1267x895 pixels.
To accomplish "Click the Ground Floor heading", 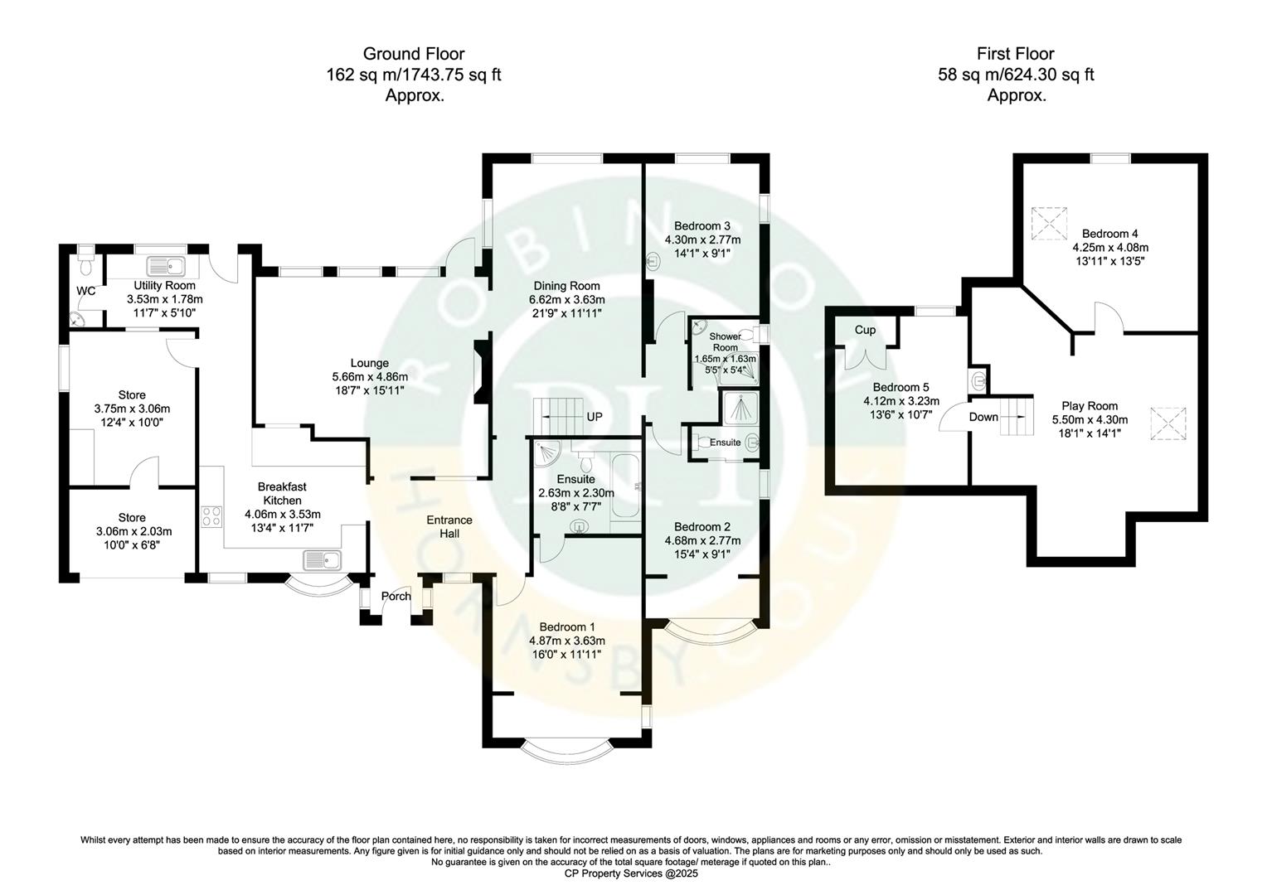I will pyautogui.click(x=413, y=54).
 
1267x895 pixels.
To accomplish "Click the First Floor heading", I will pyautogui.click(x=1016, y=54).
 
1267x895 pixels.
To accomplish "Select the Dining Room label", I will pyautogui.click(x=566, y=286).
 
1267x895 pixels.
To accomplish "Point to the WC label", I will pyautogui.click(x=86, y=291).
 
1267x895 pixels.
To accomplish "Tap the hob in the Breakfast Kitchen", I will pyautogui.click(x=211, y=516).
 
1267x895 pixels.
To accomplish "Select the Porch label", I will pyautogui.click(x=396, y=596).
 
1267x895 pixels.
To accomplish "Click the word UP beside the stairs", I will pyautogui.click(x=594, y=417).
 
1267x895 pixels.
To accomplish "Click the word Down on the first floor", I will pyautogui.click(x=983, y=417).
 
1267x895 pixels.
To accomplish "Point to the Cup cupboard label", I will pyautogui.click(x=865, y=330).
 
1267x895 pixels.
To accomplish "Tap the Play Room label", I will pyautogui.click(x=1090, y=406).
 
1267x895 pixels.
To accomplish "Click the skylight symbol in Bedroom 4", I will pyautogui.click(x=1047, y=221).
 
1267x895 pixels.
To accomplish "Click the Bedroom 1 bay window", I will pyautogui.click(x=568, y=749).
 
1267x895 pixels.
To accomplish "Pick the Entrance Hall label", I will pyautogui.click(x=449, y=526).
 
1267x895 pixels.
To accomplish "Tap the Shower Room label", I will pyautogui.click(x=725, y=341).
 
